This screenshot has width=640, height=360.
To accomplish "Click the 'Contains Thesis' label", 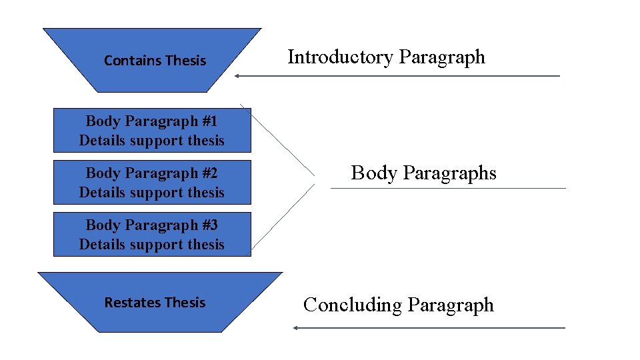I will pos(155,61).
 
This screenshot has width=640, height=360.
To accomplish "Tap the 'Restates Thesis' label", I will pos(155,303).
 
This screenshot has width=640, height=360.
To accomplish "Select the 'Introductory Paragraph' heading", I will pos(386,57).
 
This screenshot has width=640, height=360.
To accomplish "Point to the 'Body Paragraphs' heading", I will pos(423,173).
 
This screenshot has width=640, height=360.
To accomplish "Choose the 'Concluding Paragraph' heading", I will pos(398,305).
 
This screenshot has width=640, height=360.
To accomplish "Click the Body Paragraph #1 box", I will pos(152,131).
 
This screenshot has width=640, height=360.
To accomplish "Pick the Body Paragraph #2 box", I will pos(152,183).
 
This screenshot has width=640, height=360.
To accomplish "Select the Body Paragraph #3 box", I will pos(152,235).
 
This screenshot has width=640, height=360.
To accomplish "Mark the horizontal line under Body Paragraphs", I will pos(448,188).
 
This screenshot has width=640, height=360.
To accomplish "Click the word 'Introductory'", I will pos(341,57).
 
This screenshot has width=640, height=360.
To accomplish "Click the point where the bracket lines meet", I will pos(315,178).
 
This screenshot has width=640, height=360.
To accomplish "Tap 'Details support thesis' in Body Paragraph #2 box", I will pos(152,193).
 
